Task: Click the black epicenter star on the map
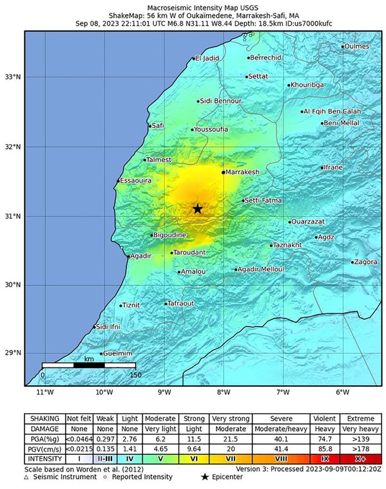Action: pos(197,208)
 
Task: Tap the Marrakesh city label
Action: pos(242,172)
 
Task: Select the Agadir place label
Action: pos(140,256)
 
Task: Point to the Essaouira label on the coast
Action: pos(136,181)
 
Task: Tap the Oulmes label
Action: pos(357,46)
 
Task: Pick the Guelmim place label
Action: pos(118,353)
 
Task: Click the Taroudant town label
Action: pos(190,253)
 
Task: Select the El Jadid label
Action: pos(207,59)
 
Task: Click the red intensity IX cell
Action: pos(326,459)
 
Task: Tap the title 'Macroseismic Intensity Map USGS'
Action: pos(193,6)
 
